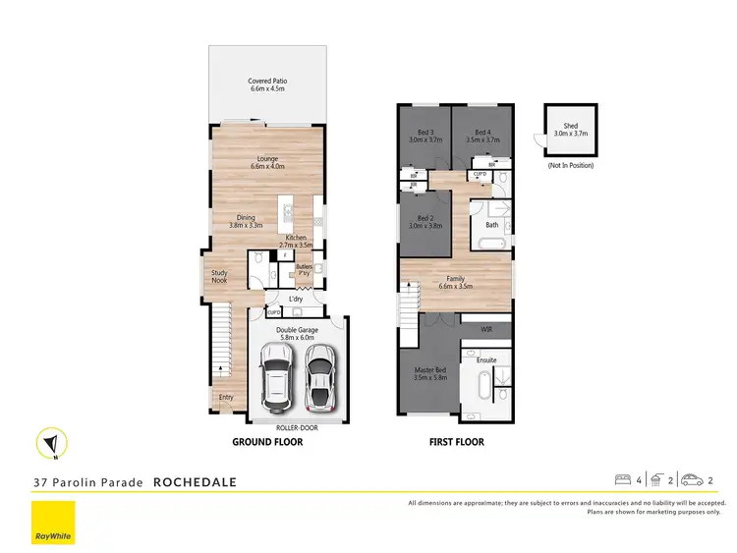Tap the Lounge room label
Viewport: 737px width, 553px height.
click(x=267, y=163)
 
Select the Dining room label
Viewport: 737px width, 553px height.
click(x=246, y=222)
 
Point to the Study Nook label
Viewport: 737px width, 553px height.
click(x=218, y=277)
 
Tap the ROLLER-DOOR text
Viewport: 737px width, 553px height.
click(x=296, y=428)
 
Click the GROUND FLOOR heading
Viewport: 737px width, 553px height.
click(x=267, y=442)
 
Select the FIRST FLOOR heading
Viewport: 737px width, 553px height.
click(x=456, y=442)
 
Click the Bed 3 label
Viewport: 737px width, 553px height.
click(x=425, y=137)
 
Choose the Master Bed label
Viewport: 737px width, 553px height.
click(x=430, y=373)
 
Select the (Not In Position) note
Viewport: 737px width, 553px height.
click(x=570, y=165)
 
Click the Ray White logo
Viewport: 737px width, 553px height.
click(x=53, y=522)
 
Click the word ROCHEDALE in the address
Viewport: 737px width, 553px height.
click(x=195, y=482)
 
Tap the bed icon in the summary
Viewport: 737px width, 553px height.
click(x=622, y=480)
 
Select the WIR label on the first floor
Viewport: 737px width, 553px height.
click(x=485, y=329)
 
